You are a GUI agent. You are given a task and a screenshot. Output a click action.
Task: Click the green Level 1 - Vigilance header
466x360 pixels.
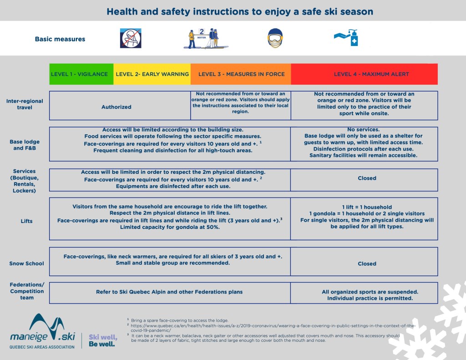80,74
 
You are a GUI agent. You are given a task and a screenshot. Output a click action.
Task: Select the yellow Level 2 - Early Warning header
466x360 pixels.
152,74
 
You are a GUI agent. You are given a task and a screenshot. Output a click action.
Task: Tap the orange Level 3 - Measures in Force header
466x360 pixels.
241,74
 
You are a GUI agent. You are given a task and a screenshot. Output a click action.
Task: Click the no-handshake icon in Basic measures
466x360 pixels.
130,38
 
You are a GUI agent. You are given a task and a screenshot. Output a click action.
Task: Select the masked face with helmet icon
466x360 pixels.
274,39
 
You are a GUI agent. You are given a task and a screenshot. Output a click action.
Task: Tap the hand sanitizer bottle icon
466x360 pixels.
347,38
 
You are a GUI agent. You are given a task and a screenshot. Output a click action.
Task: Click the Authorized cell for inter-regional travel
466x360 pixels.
116,107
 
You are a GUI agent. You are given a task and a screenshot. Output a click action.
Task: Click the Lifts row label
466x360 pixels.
26,221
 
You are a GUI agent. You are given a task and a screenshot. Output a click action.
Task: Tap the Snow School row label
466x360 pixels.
26,264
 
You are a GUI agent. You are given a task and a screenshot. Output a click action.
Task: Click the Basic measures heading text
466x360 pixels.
60,39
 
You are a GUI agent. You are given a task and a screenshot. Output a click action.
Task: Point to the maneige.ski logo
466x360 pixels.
42,331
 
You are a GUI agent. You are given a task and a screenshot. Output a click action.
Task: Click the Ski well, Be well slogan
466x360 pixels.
103,340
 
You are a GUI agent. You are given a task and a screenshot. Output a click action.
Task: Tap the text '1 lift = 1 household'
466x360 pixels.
367,207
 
